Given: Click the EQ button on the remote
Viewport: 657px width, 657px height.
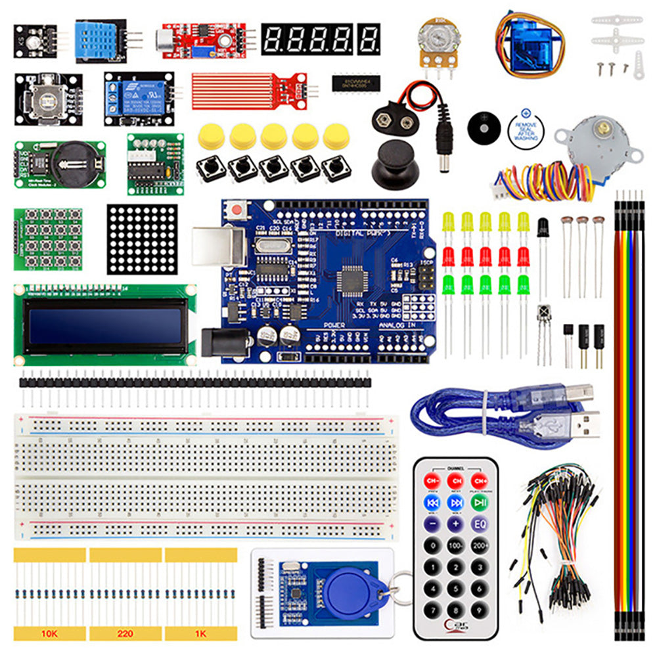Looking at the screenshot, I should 479,524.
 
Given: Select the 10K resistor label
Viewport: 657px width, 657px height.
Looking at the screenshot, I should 49,633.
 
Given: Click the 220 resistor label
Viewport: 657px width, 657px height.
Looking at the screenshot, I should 125,633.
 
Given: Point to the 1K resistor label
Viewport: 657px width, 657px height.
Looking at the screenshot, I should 200,633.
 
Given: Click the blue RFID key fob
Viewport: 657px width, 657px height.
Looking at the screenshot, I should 348,588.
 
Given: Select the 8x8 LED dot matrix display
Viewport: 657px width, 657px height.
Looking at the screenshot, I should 142,238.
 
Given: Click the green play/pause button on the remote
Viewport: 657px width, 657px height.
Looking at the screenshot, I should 479,503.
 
